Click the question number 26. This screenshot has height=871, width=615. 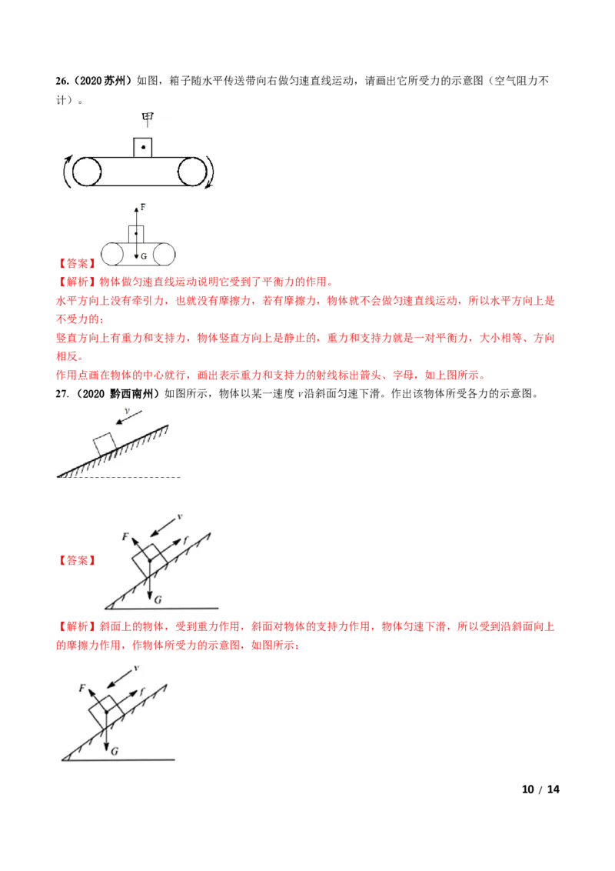point(61,81)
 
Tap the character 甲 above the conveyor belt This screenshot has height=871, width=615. point(147,118)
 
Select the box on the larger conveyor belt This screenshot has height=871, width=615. point(143,147)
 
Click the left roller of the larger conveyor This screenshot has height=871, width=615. point(87,171)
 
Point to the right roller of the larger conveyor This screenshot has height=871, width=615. point(192,171)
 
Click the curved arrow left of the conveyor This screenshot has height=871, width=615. point(67,171)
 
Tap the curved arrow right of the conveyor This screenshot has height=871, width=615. point(210,172)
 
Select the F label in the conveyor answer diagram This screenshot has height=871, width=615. point(143,207)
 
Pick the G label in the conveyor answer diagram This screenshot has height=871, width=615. point(144,256)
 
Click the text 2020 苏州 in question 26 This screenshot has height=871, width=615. point(103,81)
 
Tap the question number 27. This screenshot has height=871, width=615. point(61,394)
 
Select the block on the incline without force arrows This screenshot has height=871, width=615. point(105,445)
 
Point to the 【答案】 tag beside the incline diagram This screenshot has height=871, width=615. point(77,560)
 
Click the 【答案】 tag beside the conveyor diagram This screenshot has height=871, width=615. point(77,263)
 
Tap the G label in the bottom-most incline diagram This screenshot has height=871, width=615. point(115,751)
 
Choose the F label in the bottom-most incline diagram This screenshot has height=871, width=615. point(82,688)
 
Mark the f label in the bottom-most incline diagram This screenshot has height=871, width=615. point(142,692)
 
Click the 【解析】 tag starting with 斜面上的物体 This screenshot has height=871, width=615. point(77,626)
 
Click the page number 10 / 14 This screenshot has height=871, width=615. point(540,789)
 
